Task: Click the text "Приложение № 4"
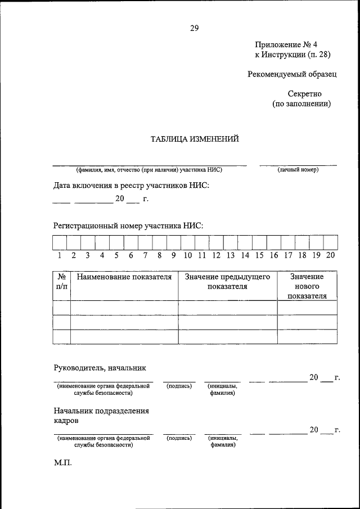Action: point(290,44)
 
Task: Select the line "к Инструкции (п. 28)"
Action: point(292,55)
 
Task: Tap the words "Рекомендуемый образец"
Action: point(292,74)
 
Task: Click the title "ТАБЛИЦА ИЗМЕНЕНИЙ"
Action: point(195,139)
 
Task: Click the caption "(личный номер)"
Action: point(298,169)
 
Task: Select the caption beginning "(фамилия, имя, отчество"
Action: point(150,169)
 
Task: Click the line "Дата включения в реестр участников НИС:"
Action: point(131,185)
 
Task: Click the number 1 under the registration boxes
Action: point(59,255)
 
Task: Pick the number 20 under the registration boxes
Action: point(330,255)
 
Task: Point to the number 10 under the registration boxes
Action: point(187,255)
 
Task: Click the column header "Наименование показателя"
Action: point(124,277)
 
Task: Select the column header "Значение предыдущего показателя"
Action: point(228,282)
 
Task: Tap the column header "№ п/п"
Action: point(61,282)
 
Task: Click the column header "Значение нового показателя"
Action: point(307,286)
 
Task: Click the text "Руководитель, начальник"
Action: point(100,368)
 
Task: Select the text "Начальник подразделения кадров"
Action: point(101,416)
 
